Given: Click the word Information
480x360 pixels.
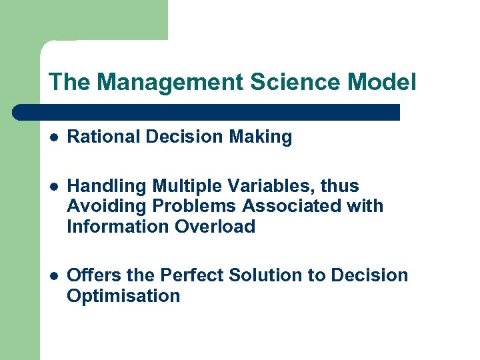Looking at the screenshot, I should click(118, 227).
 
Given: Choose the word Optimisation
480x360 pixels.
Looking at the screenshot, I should click(123, 296).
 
